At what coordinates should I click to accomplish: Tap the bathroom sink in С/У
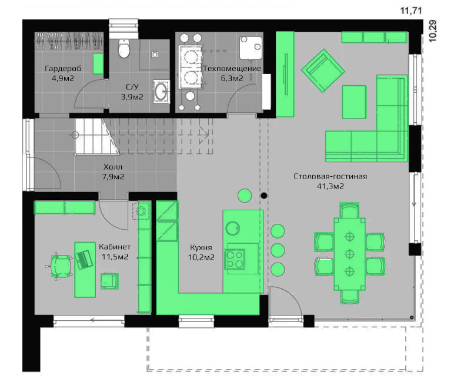coord(161,92)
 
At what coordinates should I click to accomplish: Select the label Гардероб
coord(63,69)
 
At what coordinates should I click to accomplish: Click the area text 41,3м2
coord(331,186)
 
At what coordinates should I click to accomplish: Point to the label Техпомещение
coord(232,69)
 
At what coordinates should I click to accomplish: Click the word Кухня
coord(201,247)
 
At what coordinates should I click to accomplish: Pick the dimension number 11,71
coord(411,11)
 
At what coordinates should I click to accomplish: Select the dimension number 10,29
coord(433,31)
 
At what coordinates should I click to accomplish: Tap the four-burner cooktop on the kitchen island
coord(235,260)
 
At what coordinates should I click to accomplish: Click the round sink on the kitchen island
coord(232,228)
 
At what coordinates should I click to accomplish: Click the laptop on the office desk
coord(84,260)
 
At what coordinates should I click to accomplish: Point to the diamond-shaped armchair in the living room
coord(323,70)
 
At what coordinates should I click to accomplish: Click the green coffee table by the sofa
coord(354,102)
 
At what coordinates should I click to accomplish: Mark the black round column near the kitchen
coord(264,196)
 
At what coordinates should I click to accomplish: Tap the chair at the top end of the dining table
coord(349,210)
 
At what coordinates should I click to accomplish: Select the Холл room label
coord(113,167)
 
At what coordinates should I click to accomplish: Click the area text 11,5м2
coord(115,257)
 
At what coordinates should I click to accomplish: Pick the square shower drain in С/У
coord(155,54)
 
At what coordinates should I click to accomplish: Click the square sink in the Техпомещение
coord(251,48)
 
